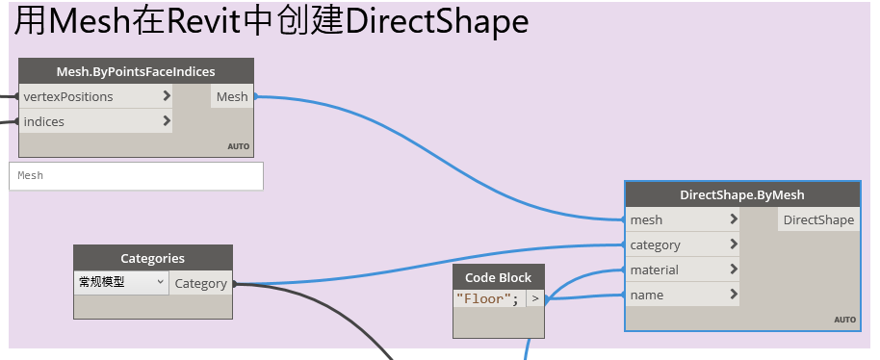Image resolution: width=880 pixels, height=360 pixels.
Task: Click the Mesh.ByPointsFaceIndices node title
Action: tap(136, 71)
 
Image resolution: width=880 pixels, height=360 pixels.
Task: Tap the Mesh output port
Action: tap(232, 96)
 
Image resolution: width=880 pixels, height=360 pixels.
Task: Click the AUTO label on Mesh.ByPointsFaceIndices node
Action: tap(238, 147)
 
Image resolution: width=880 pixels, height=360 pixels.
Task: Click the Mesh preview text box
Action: tap(136, 176)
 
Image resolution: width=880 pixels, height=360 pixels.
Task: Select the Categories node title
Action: tap(152, 258)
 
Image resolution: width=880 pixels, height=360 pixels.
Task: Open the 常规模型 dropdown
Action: tap(120, 283)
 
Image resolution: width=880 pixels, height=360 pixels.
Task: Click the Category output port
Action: tap(200, 283)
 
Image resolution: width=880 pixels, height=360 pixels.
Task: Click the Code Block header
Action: tap(498, 277)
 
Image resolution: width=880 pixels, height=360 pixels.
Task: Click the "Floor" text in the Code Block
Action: tap(487, 299)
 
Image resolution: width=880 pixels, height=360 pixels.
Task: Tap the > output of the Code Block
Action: tap(534, 299)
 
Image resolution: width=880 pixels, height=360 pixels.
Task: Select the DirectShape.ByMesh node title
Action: tap(741, 194)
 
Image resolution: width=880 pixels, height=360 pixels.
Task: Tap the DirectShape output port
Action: tap(818, 219)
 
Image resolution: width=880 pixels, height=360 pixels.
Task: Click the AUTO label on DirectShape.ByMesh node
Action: tap(844, 320)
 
